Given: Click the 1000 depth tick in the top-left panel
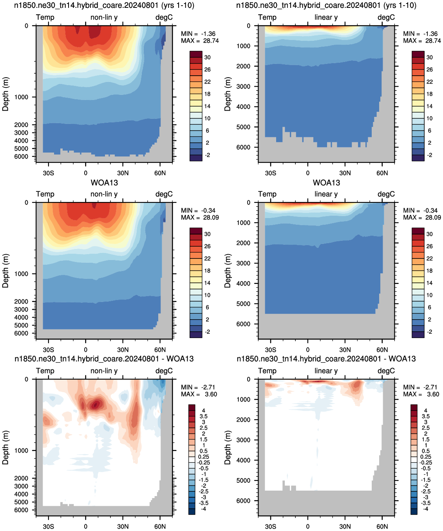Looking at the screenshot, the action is pos(21,97).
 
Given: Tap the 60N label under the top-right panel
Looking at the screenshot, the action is pos(382,173).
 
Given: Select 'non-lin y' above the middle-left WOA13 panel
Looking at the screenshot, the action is pos(104,194).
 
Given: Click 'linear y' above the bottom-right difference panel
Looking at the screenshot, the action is pos(326,371).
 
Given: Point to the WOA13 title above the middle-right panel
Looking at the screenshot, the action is pos(326,183).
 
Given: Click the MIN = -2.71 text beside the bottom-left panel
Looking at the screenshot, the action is pos(198,387).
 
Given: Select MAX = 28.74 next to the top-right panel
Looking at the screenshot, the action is pos(422,41).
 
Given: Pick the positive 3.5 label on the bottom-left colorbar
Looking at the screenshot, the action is pos(203,416).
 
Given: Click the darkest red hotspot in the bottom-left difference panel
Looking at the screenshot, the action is pos(95,405).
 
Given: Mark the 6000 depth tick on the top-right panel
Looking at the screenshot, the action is pos(243,147).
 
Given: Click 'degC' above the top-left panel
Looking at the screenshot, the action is pos(164,17).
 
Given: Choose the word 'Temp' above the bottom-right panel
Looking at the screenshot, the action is pos(267,371).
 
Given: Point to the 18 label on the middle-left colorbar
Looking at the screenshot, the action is pos(207,271).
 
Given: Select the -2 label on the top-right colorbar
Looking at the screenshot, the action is pos(430,155).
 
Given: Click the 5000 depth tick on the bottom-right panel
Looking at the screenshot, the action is pos(243,480).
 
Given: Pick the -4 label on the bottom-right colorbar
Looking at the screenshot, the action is pos(425,509).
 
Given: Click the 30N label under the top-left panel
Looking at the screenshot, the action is pos(123,173).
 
